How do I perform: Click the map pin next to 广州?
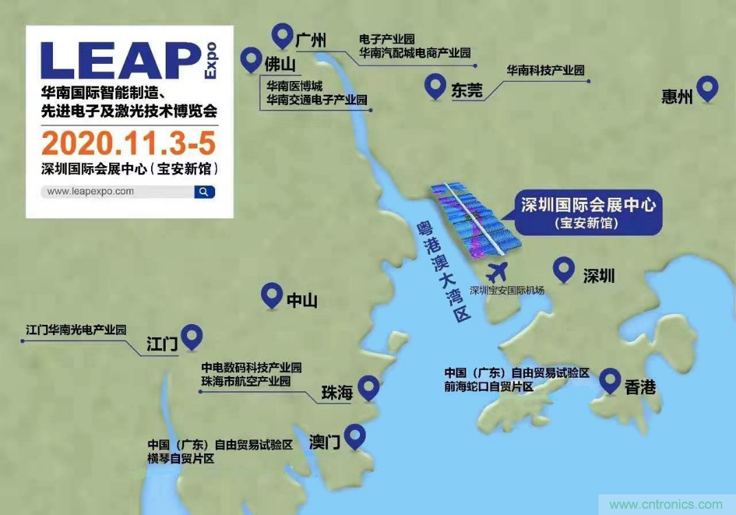pos(282,34)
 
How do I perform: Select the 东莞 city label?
pos(467,91)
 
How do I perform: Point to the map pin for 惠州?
pos(707,87)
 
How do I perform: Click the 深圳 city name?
pos(599,276)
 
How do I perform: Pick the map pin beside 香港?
pos(610,380)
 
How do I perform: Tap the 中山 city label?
pos(302,300)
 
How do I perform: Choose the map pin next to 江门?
pos(194,335)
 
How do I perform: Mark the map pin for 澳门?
pos(355,435)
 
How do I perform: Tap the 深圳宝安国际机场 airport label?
pos(506,290)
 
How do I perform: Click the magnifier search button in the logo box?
pos(204,192)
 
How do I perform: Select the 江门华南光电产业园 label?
pos(76,330)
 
